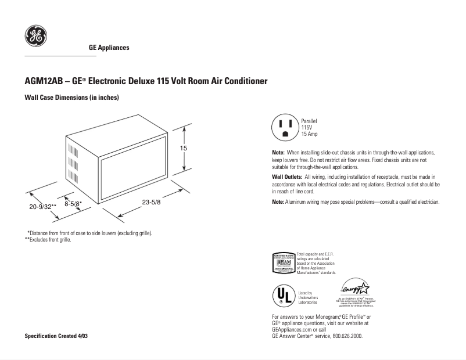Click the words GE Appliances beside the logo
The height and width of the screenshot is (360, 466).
109,48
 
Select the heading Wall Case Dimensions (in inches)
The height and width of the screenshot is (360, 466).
71,98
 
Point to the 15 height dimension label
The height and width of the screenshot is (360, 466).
184,149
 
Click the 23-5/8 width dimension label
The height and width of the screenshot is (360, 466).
151,201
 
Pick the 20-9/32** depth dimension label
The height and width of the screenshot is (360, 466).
42,206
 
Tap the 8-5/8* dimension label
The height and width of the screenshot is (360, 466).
73,204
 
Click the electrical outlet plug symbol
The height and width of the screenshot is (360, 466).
285,127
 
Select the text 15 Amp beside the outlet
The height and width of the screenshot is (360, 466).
309,134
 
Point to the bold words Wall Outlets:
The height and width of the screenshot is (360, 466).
287,176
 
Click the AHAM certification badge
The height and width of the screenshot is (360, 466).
284,263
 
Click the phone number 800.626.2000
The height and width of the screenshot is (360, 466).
346,336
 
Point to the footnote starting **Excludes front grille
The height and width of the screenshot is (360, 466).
48,239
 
